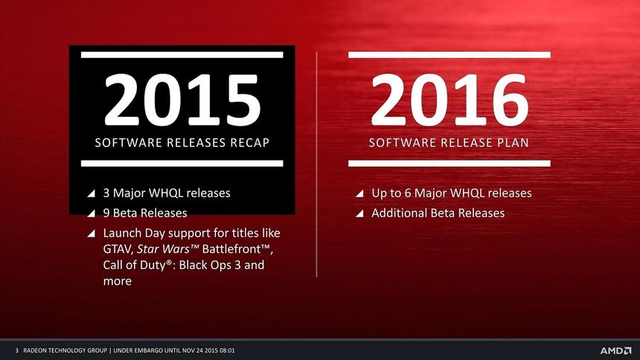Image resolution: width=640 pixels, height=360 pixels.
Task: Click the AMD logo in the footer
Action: coord(615,350)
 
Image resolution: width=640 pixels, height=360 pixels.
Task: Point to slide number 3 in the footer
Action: coord(16,350)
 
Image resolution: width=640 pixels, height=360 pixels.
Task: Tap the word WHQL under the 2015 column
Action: coord(168,193)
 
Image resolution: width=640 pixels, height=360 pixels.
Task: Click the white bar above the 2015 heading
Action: coord(182,54)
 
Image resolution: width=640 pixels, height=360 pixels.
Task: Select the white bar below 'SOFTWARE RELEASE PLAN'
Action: coord(449,163)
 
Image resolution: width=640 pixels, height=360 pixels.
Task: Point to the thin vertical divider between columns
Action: coord(318,164)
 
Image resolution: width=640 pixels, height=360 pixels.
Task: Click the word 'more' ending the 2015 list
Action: coord(117,282)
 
